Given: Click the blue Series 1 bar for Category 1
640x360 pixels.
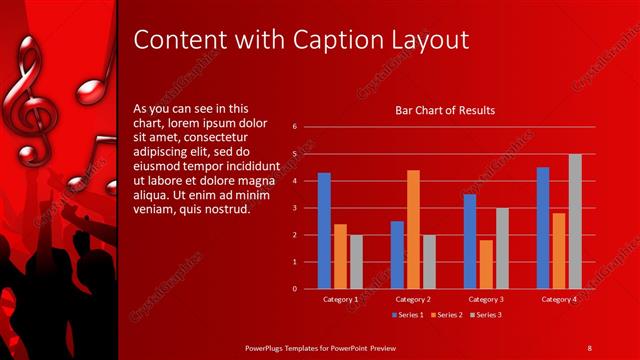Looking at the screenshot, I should click(324, 231).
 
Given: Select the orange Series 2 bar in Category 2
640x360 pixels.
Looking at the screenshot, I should click(413, 229).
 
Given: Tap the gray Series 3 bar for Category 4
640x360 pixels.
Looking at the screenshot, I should click(575, 221).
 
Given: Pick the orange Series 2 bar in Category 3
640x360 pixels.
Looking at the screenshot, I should click(486, 264).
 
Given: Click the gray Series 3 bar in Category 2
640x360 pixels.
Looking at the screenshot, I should click(429, 262).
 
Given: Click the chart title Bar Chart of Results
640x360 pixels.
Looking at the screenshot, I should click(445, 110).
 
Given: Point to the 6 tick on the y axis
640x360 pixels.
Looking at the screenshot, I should click(295, 127).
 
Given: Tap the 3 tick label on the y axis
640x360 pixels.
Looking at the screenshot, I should click(295, 208).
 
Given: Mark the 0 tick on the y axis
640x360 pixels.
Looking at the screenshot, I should click(295, 289).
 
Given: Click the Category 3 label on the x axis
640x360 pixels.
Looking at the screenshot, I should click(486, 299).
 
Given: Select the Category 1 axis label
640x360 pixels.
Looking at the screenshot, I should click(340, 299).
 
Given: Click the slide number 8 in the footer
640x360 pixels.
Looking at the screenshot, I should click(589, 347).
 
